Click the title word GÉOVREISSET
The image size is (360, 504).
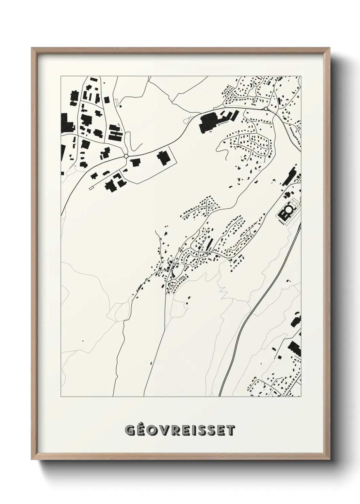tap(180, 430)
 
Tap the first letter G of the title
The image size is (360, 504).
tap(129, 430)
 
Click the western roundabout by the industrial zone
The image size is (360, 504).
tap(126, 156)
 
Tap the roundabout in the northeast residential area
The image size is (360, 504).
tap(265, 109)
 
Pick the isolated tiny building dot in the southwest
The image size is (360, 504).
tap(82, 340)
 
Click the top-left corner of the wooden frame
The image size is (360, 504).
tap(32, 48)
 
